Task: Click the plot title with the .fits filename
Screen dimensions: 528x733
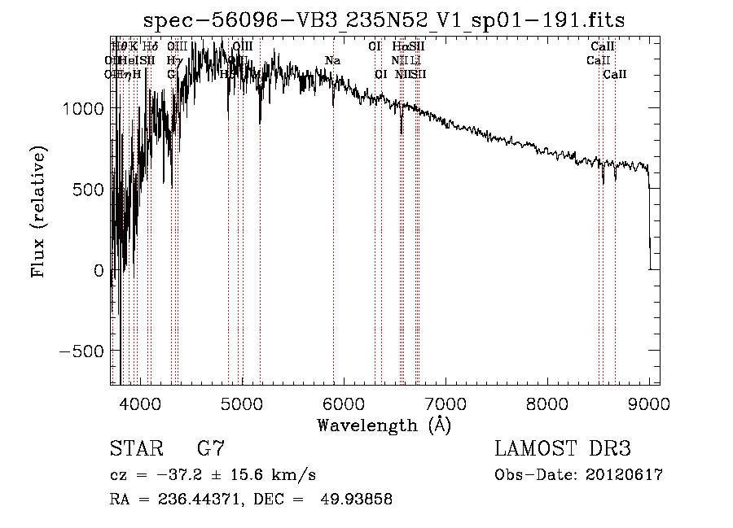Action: pos(384,21)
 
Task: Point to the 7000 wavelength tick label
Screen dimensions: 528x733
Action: pos(445,404)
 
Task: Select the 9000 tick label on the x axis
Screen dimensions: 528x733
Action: pos(649,404)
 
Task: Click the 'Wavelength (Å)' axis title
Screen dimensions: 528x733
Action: pos(384,425)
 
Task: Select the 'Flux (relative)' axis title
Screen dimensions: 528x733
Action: pos(38,211)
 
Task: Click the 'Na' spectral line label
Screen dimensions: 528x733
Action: pos(332,61)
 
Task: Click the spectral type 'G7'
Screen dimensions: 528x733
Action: pos(210,449)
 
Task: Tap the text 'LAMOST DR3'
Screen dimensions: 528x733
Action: pos(563,449)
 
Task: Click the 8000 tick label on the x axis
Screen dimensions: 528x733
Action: pos(546,404)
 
